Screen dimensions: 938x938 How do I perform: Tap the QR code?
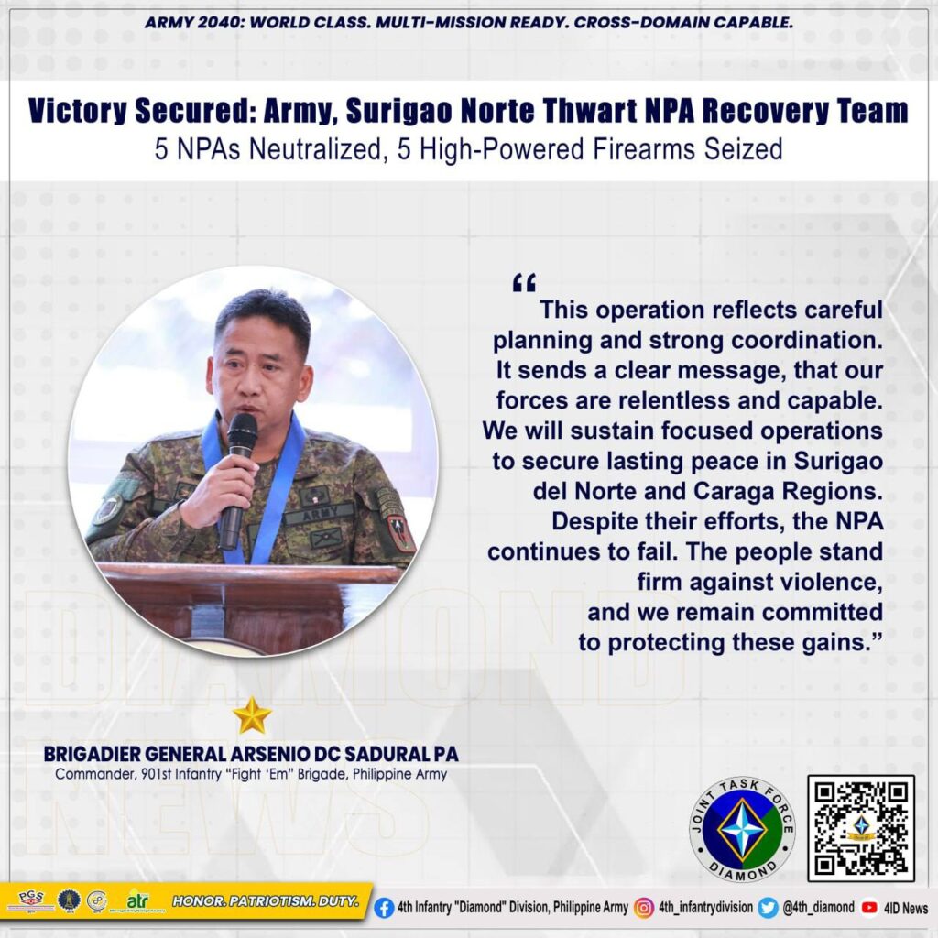tap(861, 828)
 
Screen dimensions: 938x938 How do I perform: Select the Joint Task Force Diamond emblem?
tap(742, 829)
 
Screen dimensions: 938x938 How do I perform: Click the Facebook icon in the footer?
tap(384, 908)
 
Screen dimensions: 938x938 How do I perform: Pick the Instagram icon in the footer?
tap(644, 908)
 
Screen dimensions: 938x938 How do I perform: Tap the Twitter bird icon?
tap(768, 908)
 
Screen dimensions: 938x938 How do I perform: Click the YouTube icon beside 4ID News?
tap(869, 908)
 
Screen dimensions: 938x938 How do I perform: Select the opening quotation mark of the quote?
tap(524, 282)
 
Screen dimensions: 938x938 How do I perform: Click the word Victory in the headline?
tap(78, 111)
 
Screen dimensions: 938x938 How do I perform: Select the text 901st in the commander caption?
tap(156, 774)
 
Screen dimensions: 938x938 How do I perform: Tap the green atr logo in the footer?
tap(137, 900)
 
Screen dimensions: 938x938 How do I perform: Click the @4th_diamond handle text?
tap(819, 908)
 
